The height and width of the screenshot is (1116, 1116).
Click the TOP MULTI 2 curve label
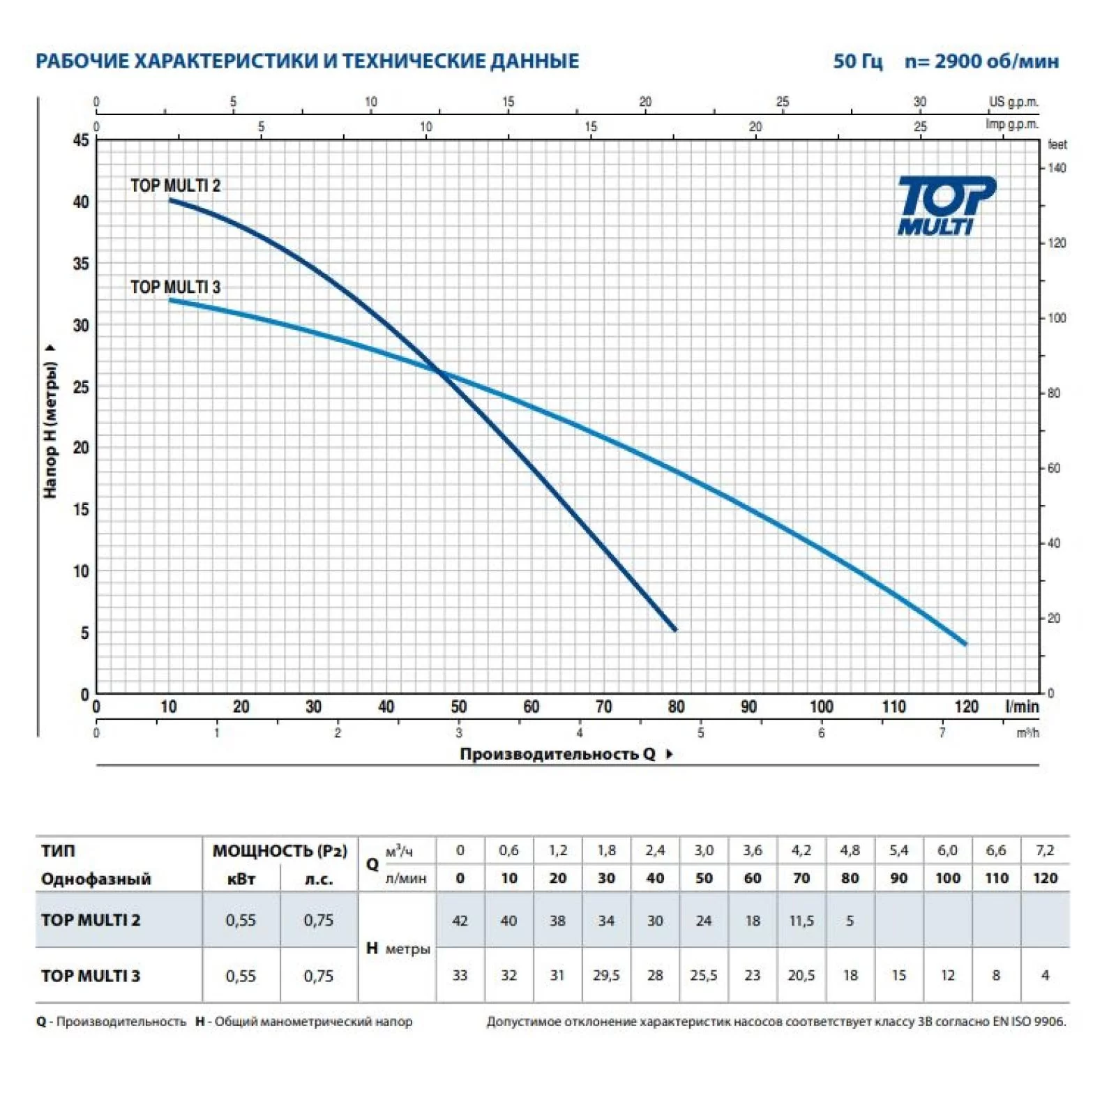(x=175, y=186)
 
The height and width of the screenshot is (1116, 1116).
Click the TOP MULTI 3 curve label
(x=175, y=287)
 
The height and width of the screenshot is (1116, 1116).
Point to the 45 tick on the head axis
(x=81, y=140)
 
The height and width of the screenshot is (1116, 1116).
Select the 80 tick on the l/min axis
(x=676, y=707)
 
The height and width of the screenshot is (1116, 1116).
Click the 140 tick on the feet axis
(x=1057, y=168)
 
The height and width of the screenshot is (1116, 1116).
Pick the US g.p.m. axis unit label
(x=1013, y=102)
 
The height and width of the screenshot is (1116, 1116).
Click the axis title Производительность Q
(x=557, y=754)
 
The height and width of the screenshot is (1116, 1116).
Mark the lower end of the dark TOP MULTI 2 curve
(x=674, y=630)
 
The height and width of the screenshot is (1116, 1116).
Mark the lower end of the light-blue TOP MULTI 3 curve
(x=965, y=643)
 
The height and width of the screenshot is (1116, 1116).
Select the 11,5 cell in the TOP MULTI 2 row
(x=801, y=921)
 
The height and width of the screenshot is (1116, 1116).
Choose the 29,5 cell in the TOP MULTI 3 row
(x=606, y=976)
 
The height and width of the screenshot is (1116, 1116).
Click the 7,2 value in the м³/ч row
(x=1045, y=850)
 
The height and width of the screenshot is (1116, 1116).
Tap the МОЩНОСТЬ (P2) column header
(x=280, y=851)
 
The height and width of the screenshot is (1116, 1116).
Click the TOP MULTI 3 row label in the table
(x=91, y=976)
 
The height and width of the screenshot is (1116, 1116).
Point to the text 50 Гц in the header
(x=857, y=61)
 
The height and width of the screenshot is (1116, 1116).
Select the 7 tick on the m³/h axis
(x=942, y=733)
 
